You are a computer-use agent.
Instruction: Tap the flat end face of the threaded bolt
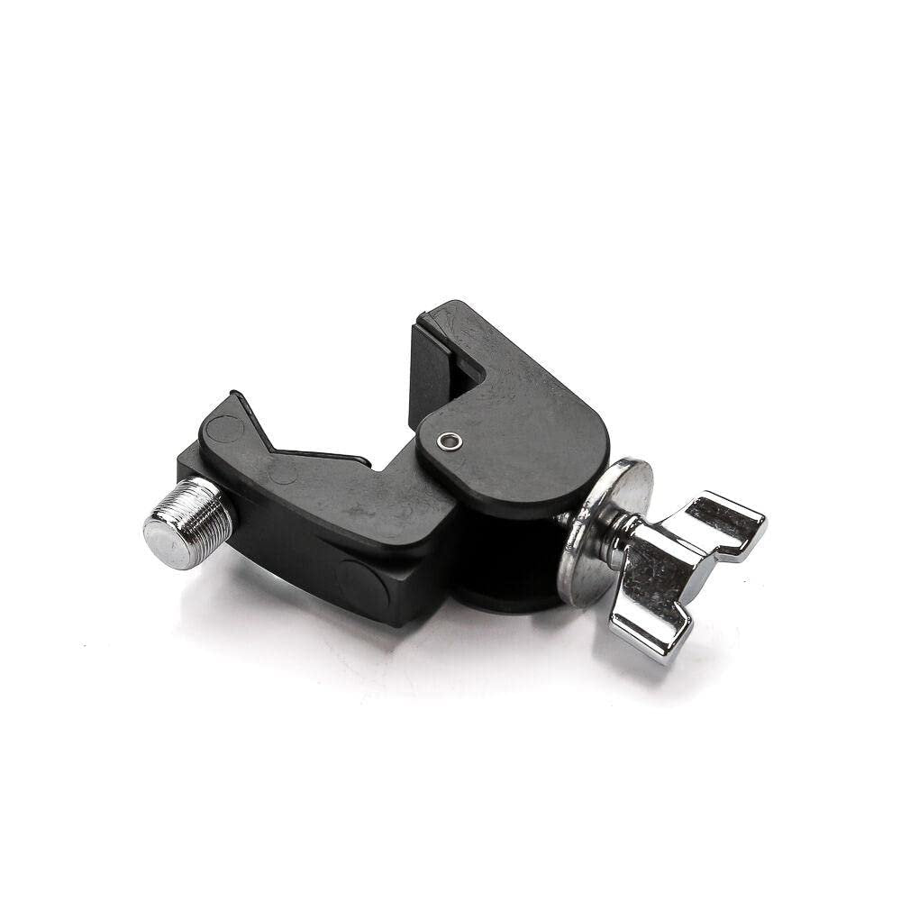(167, 542)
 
